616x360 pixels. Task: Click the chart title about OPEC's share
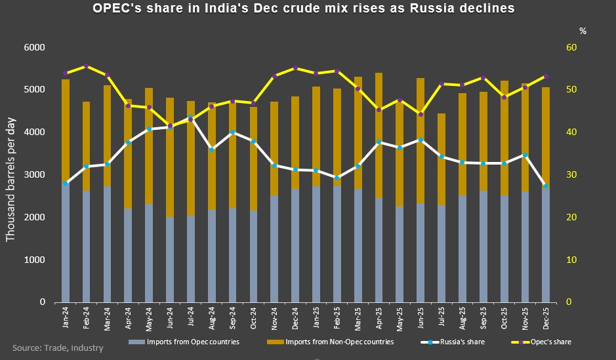303,9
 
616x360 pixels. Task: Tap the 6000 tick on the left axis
34,48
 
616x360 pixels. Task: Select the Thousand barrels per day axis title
11,175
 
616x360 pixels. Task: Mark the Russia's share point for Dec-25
546,186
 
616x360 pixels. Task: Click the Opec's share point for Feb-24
87,66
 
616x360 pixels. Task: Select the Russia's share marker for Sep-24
232,132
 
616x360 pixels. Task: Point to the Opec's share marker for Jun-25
421,114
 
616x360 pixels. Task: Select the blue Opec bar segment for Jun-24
170,259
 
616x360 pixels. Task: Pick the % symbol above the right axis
583,31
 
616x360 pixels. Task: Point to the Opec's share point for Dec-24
295,68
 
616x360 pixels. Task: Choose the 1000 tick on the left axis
34,260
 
